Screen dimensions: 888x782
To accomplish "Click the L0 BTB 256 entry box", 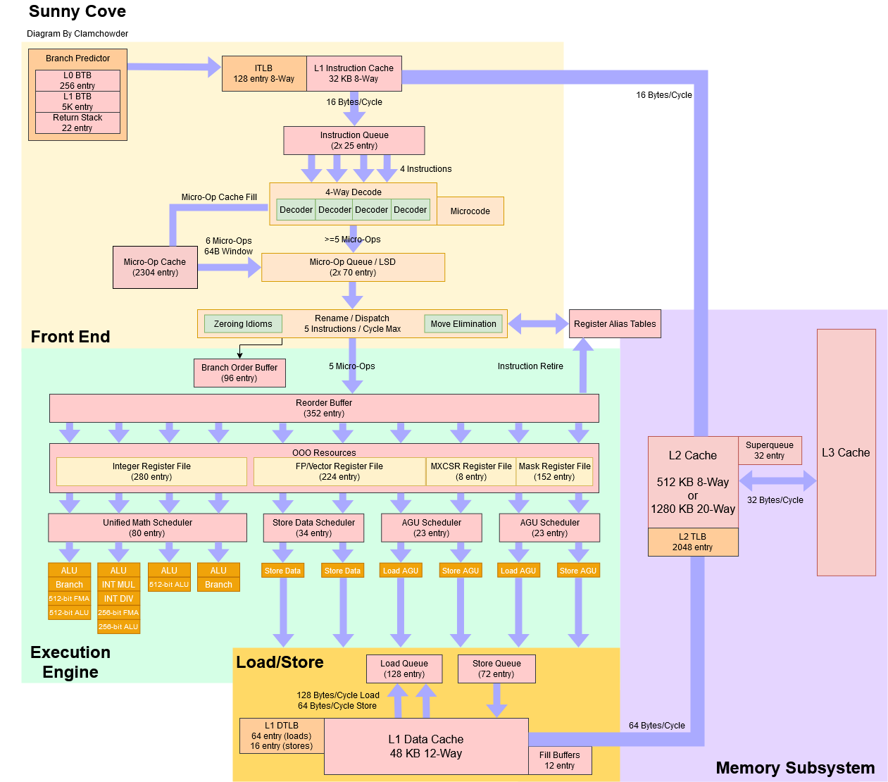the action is pyautogui.click(x=77, y=80).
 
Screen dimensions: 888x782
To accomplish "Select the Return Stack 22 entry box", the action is pyautogui.click(x=77, y=123).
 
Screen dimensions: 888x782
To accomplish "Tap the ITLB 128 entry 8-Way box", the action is pyautogui.click(x=264, y=73).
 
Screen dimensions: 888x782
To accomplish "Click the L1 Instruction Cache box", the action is pyautogui.click(x=354, y=73).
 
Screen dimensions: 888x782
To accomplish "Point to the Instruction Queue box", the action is pyautogui.click(x=354, y=140).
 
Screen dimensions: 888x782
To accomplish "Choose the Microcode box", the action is pyautogui.click(x=470, y=211).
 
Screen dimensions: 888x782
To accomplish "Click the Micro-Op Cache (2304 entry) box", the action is pyautogui.click(x=155, y=267).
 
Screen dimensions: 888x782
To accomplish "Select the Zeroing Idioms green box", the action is pyautogui.click(x=243, y=323).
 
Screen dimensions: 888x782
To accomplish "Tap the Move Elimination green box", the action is pyautogui.click(x=463, y=323).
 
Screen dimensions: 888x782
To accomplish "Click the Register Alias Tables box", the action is pyautogui.click(x=615, y=323).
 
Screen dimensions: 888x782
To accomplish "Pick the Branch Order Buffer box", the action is pyautogui.click(x=239, y=373).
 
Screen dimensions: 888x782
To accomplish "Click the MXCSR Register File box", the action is pyautogui.click(x=470, y=471).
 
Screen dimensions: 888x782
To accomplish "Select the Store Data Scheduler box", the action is pyautogui.click(x=313, y=528).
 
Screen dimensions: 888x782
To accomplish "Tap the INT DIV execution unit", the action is pyautogui.click(x=118, y=598).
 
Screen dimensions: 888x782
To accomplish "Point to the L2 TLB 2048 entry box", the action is pyautogui.click(x=692, y=542).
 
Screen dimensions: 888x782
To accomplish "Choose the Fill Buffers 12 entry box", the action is pyautogui.click(x=559, y=760).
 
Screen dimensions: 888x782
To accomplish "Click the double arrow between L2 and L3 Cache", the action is pyautogui.click(x=777, y=480).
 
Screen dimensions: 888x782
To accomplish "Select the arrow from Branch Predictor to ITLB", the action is pyautogui.click(x=174, y=67).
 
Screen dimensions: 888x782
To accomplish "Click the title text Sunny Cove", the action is pyautogui.click(x=77, y=11).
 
